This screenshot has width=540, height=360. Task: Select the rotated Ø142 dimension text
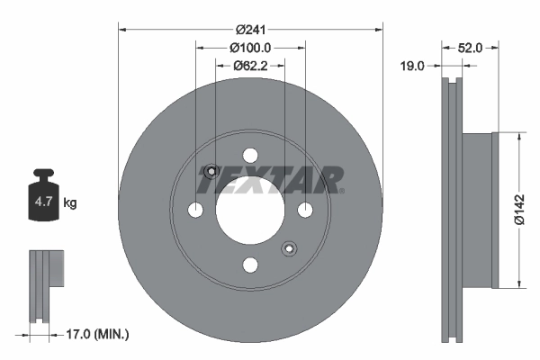click(x=519, y=211)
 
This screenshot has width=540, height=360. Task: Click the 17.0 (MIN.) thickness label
click(x=99, y=335)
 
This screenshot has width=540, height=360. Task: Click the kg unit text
click(x=70, y=203)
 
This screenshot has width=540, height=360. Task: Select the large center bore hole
click(x=250, y=209)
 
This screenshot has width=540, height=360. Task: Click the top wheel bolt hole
click(x=250, y=155)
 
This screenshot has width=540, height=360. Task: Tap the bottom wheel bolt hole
click(x=250, y=264)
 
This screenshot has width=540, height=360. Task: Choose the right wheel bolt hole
click(x=305, y=210)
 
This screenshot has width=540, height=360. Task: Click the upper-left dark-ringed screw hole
click(x=211, y=171)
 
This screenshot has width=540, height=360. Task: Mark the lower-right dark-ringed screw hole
click(x=289, y=248)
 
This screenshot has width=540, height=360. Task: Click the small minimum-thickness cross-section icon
click(x=45, y=284)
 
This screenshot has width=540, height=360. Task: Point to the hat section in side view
click(x=479, y=211)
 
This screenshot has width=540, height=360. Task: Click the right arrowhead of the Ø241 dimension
click(x=379, y=30)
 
